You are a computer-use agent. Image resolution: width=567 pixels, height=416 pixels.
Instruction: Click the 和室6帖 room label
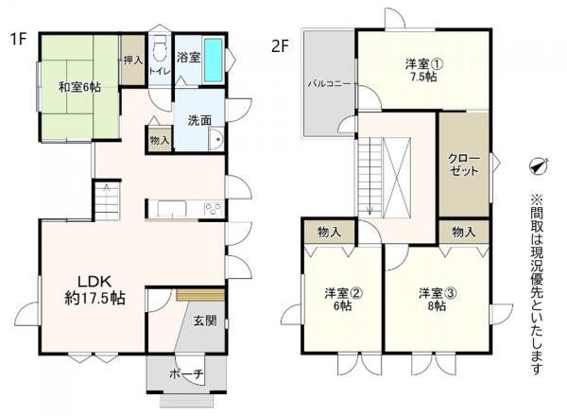[79, 87]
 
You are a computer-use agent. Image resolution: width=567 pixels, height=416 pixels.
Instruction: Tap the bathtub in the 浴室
[214, 61]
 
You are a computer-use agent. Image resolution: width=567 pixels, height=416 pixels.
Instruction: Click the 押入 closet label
[133, 61]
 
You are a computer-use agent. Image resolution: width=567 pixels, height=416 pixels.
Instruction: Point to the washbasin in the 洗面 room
[216, 139]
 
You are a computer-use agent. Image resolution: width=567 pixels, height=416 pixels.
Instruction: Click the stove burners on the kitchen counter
[213, 209]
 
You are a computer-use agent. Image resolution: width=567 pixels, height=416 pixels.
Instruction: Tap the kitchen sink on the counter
[172, 209]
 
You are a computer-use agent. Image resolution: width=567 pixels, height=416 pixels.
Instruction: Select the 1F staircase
[107, 201]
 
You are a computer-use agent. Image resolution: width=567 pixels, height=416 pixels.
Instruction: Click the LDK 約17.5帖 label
[94, 289]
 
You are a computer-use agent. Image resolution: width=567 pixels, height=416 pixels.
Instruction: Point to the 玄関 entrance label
[205, 321]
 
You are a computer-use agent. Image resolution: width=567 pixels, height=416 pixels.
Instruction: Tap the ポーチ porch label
[186, 374]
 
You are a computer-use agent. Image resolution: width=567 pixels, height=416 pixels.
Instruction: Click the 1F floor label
[19, 39]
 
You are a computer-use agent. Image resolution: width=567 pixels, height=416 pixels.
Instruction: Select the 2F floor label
[281, 46]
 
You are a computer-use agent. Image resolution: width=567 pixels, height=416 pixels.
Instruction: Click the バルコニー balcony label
[329, 84]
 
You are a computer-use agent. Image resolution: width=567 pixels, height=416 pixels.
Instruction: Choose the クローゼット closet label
[464, 165]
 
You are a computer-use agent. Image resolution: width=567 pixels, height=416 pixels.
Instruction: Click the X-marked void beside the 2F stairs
[397, 178]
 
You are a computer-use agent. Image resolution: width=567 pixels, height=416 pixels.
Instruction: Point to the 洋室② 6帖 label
[342, 300]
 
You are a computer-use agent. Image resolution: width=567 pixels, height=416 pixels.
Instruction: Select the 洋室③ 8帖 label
[438, 300]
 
